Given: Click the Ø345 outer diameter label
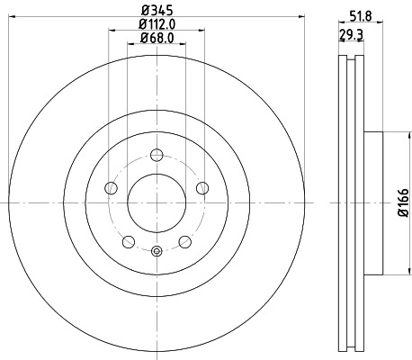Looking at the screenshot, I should (156, 11).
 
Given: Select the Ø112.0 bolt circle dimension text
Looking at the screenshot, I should (156, 24).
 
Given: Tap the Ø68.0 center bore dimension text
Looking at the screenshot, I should (156, 38).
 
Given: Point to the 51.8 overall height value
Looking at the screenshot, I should (360, 13).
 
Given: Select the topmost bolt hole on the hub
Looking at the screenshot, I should (156, 153).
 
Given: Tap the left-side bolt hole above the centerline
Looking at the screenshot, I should (111, 187).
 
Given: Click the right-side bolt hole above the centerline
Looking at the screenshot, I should (202, 187).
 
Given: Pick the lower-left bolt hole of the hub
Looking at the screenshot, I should (128, 240).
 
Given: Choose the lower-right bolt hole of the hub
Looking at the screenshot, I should (184, 240).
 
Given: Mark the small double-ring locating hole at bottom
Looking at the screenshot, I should (156, 251).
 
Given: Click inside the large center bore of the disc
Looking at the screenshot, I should (156, 202).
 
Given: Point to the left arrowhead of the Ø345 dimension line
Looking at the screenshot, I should (10, 18).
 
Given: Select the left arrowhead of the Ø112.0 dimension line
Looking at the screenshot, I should (112, 31).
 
